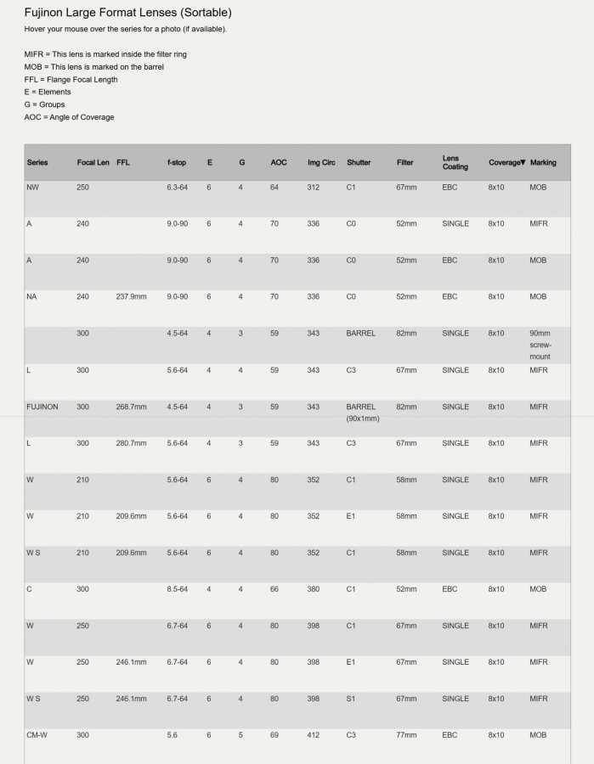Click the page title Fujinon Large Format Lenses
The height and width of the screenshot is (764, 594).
tap(127, 13)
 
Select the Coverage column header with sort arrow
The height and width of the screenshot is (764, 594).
tap(506, 162)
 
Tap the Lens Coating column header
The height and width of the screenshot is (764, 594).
tap(455, 162)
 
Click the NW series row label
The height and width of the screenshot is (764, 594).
tap(32, 187)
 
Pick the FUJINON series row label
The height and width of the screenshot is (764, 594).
tap(42, 407)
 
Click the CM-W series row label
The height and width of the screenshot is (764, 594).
tap(37, 735)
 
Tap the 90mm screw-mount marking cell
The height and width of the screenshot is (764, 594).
tap(540, 345)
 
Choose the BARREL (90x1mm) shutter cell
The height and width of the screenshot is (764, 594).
tap(363, 413)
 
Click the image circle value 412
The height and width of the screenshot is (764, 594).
tap(314, 735)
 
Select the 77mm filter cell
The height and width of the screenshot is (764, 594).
tap(406, 735)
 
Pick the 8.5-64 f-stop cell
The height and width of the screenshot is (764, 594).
tap(177, 589)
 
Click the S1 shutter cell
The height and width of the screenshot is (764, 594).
tap(351, 699)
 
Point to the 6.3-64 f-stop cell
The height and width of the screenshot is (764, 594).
tap(177, 187)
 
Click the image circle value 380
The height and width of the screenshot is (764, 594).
tap(314, 589)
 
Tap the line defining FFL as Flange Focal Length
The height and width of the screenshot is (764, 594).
tap(71, 79)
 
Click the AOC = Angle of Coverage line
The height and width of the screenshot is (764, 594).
tap(69, 116)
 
